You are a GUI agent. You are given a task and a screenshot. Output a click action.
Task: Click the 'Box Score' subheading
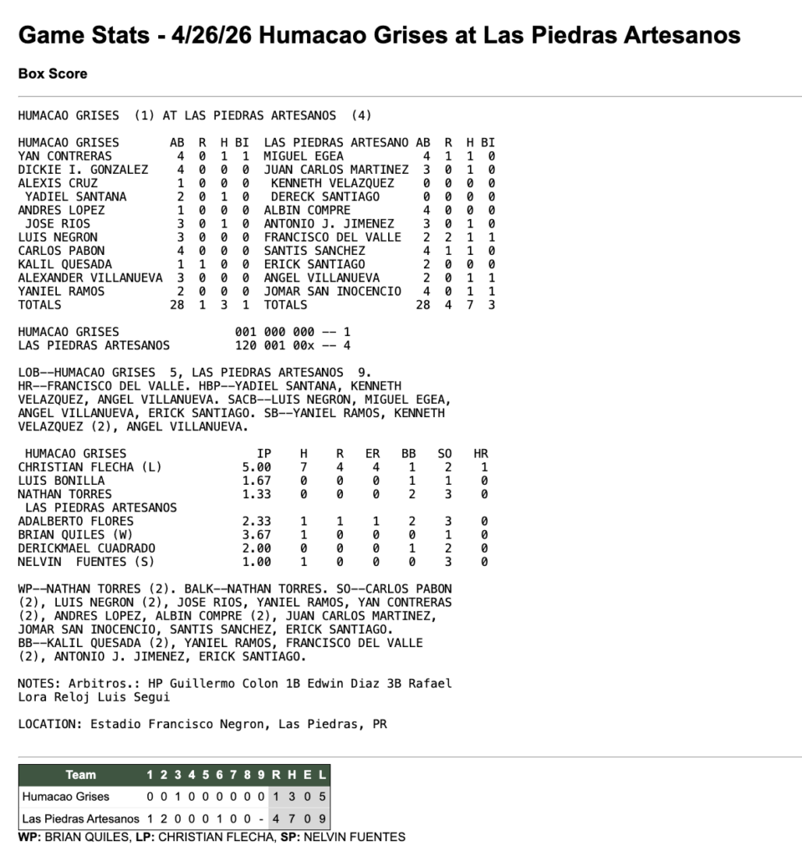53,74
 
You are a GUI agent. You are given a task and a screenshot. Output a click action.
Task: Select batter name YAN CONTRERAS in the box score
64,156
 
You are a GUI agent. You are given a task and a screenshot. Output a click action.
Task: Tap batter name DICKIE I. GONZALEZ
82,170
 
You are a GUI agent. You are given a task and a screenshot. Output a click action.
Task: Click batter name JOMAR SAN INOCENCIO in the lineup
332,292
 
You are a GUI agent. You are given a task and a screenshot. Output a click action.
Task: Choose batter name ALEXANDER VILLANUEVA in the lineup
90,278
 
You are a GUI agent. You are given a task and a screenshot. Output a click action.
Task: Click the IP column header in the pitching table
264,454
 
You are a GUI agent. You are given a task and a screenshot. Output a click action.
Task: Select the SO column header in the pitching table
445,454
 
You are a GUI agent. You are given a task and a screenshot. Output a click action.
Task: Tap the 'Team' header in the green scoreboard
80,775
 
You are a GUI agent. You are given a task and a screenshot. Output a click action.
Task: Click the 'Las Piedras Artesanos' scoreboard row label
80,818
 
